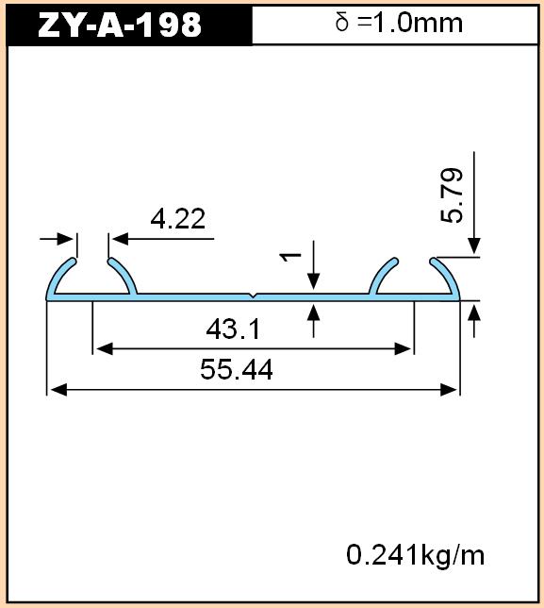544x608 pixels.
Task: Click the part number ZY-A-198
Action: [x=120, y=25]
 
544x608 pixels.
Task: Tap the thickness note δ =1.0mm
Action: [x=399, y=23]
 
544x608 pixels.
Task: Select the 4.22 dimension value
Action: [x=178, y=219]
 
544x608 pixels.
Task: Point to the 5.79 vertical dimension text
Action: [x=452, y=195]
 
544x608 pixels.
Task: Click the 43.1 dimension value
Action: [x=233, y=329]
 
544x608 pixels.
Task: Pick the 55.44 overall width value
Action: [x=237, y=369]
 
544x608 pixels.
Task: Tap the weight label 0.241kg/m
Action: [x=415, y=555]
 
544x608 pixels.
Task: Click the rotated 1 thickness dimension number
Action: [x=290, y=256]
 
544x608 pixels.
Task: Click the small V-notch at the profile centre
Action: [x=253, y=296]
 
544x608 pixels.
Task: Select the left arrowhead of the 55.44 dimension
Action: [x=58, y=390]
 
